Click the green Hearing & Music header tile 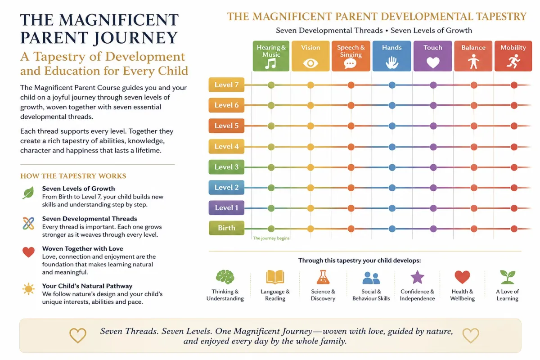point(271,56)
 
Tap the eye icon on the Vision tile point(310,63)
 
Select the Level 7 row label point(226,85)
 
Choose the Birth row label point(226,228)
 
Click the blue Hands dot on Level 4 point(392,147)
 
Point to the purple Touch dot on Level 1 point(433,208)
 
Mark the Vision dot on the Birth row point(310,229)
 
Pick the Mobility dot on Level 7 point(514,85)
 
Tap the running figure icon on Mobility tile point(513,62)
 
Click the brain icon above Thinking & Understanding point(225,277)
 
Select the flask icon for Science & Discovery point(323,277)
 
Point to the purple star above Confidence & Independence point(417,277)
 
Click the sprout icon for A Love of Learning point(508,277)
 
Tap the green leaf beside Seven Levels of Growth point(28,193)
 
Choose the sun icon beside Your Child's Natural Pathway point(28,289)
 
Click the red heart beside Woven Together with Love point(28,252)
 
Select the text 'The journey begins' point(271,238)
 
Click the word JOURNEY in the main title point(135,38)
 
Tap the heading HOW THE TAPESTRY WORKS point(73,176)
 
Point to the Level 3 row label point(226,167)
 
